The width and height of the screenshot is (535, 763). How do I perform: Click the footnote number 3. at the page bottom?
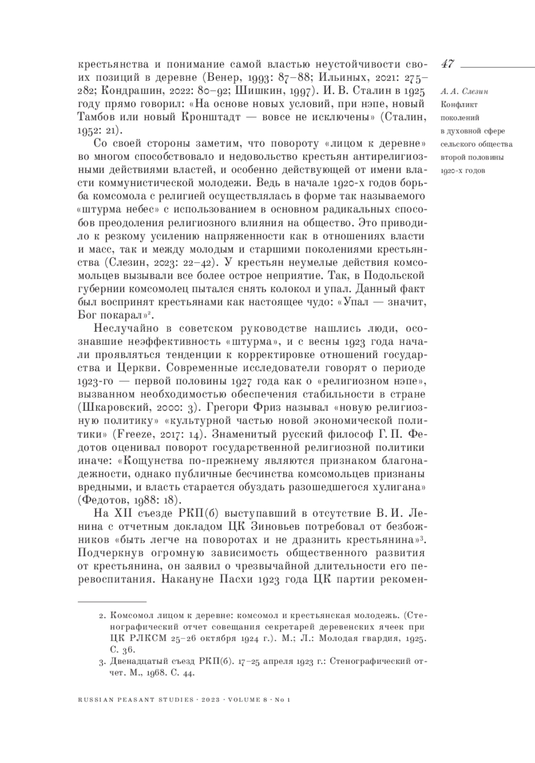coord(101,662)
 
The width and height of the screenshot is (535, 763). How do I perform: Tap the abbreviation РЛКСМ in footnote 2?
coord(145,639)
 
